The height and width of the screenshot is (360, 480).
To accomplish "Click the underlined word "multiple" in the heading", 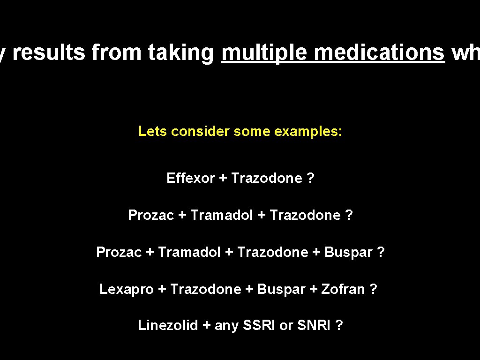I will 264,53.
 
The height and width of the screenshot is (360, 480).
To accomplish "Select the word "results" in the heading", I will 49,53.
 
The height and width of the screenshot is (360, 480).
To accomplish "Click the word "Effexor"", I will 190,178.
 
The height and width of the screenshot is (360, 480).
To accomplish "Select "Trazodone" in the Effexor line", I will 267,178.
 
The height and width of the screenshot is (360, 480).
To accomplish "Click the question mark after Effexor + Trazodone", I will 310,178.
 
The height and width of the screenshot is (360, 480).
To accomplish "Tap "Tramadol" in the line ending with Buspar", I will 189,252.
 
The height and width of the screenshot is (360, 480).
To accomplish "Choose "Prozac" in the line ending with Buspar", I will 119,252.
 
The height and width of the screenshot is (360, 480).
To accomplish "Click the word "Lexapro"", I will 126,289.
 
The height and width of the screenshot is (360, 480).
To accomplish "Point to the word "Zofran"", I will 343,289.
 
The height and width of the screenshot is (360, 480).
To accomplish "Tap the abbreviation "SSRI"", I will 259,325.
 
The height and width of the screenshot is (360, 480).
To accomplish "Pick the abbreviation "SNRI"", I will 314,325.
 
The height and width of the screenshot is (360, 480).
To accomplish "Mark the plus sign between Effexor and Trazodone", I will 223,178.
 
